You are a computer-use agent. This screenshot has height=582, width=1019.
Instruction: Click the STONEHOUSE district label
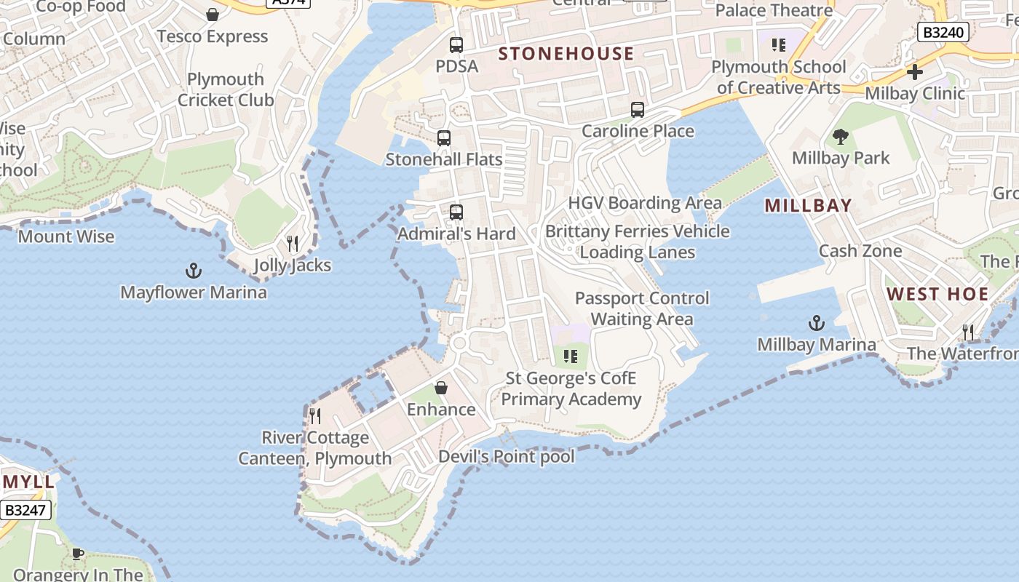tap(566, 54)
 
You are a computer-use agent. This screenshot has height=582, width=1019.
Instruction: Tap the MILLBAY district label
tap(808, 206)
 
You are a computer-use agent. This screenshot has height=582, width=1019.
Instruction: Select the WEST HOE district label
tap(937, 295)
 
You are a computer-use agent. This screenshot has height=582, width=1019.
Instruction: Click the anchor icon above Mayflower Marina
tap(193, 271)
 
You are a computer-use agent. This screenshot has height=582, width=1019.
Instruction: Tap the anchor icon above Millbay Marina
tap(817, 323)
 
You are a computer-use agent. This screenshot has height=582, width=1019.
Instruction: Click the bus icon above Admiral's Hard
tap(456, 212)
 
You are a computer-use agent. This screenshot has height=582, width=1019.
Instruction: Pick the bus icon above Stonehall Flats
tap(444, 138)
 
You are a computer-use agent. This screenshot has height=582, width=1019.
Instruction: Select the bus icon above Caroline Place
tap(638, 110)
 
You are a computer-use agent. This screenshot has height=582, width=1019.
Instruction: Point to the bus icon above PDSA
tap(456, 45)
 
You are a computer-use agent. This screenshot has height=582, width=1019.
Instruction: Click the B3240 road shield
tap(943, 32)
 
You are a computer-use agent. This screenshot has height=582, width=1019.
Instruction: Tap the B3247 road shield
tap(25, 510)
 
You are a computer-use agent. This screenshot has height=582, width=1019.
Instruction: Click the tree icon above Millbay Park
tap(841, 137)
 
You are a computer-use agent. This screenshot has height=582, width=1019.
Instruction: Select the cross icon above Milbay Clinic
tap(915, 72)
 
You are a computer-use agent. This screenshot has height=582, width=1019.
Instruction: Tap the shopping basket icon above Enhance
tap(441, 388)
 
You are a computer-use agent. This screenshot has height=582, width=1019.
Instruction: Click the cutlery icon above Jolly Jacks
tap(293, 243)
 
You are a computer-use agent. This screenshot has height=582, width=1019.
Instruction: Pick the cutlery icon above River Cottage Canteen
tap(315, 416)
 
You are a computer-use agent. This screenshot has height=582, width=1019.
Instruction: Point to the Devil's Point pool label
tap(506, 457)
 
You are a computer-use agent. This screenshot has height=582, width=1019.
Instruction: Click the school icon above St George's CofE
tap(571, 356)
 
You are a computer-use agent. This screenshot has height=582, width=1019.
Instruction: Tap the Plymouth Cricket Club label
tap(226, 89)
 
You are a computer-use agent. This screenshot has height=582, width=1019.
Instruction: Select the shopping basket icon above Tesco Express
tap(213, 15)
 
